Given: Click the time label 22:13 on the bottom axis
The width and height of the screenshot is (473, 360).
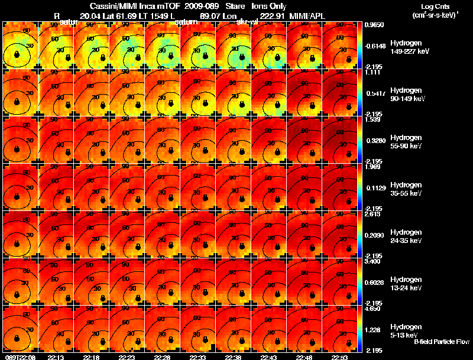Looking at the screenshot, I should pyautogui.click(x=56, y=357).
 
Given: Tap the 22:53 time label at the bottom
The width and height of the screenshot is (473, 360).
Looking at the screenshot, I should pyautogui.click(x=339, y=357).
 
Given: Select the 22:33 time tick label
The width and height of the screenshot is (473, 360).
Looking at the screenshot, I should pyautogui.click(x=197, y=357).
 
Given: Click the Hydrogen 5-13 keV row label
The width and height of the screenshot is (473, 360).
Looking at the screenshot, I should pyautogui.click(x=404, y=331).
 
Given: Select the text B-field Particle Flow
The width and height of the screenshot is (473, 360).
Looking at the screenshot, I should pyautogui.click(x=441, y=342).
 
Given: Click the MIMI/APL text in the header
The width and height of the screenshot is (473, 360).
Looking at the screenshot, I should pyautogui.click(x=308, y=16).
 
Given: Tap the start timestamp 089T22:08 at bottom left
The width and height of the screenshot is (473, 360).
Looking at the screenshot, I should pyautogui.click(x=20, y=357).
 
